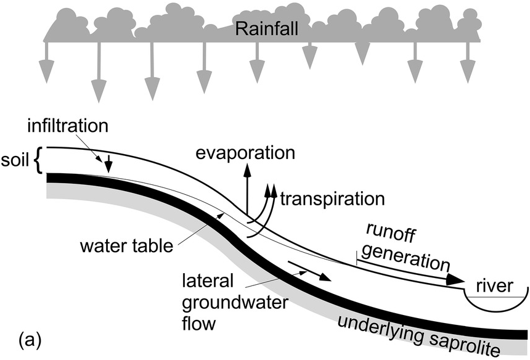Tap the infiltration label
click(68, 127)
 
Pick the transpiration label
click(332, 199)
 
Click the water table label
click(126, 247)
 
